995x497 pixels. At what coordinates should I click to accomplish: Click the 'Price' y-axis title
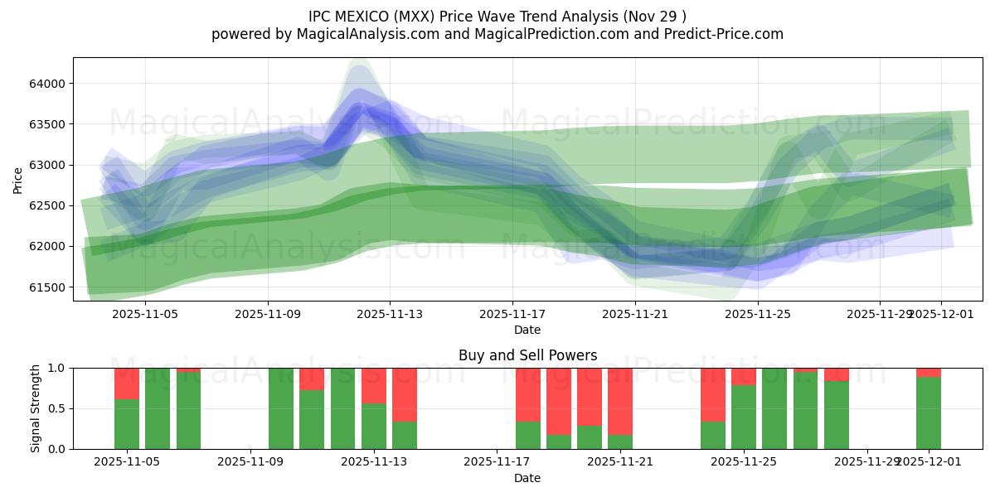click(x=18, y=180)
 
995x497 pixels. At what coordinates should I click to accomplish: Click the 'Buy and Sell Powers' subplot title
click(x=527, y=355)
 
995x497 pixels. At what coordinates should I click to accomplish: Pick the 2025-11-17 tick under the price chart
click(x=512, y=314)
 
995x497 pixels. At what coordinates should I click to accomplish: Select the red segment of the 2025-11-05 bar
click(x=127, y=384)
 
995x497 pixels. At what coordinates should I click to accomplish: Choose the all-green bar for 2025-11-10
click(x=281, y=408)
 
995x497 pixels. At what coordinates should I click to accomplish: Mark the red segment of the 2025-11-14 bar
click(x=405, y=394)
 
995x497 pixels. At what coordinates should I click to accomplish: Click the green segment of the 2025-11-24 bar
click(x=713, y=435)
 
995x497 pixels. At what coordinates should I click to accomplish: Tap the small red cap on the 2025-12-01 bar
click(x=929, y=372)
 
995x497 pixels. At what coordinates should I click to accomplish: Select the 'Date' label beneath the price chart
click(x=527, y=330)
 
